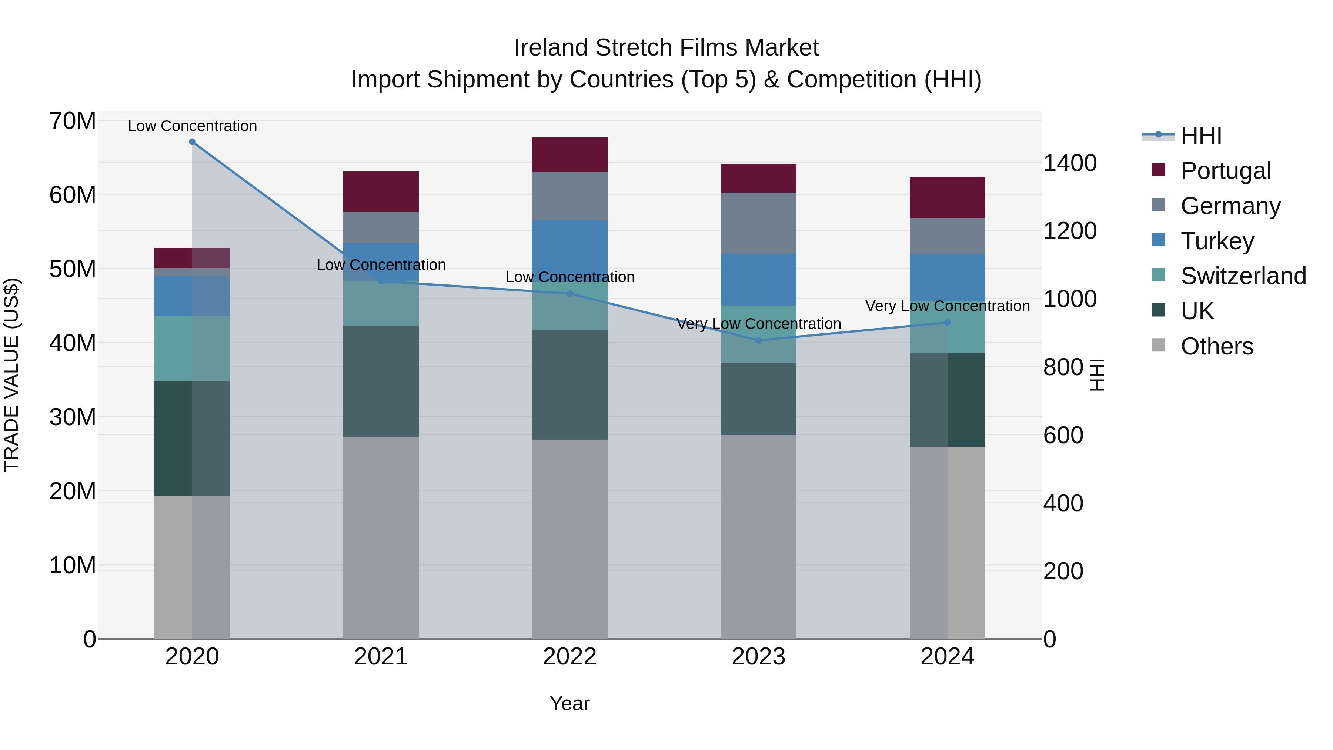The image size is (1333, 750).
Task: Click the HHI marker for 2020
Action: tap(192, 142)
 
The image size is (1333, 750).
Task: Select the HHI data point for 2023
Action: tap(759, 341)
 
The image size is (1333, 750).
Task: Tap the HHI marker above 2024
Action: tap(948, 323)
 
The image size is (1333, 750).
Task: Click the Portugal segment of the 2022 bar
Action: tap(570, 155)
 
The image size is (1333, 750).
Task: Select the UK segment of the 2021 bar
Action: tap(381, 381)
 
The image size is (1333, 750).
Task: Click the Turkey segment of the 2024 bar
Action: tap(948, 277)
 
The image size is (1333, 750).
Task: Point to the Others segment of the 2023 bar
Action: tap(759, 537)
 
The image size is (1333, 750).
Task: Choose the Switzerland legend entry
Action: tap(1243, 276)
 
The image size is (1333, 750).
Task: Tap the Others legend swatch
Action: tap(1159, 345)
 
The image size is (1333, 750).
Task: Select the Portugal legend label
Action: tap(1225, 171)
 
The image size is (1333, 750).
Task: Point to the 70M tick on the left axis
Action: tap(73, 121)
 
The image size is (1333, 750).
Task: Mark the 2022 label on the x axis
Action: tap(570, 657)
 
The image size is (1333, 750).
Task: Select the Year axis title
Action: tap(570, 703)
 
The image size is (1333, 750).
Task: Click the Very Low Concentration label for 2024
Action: tap(948, 306)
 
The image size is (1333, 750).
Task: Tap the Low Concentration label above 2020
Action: tap(192, 126)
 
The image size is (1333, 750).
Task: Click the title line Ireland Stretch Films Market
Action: tap(666, 48)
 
